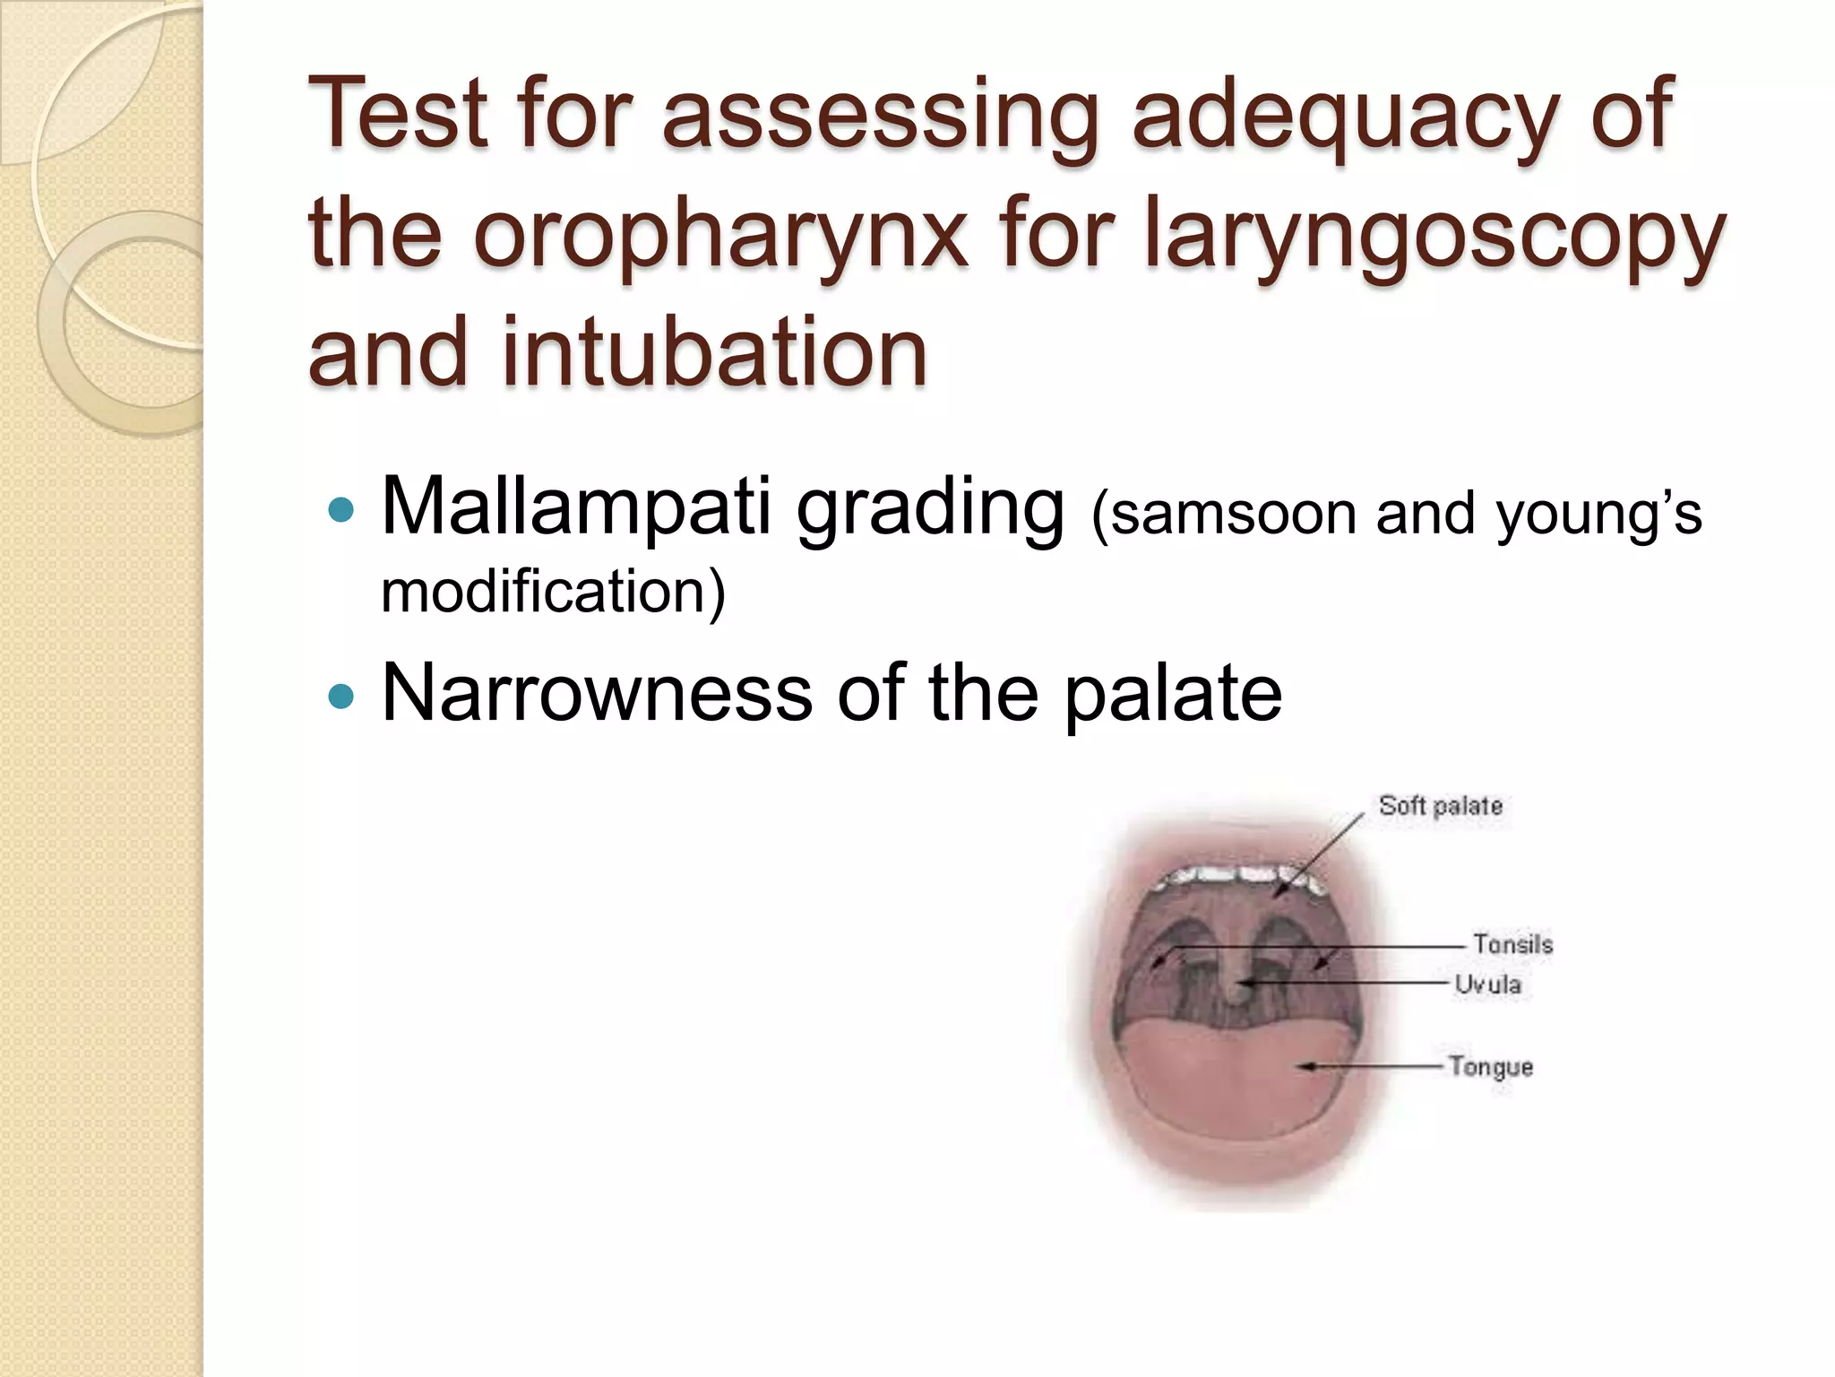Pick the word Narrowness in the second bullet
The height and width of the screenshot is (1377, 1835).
point(596,692)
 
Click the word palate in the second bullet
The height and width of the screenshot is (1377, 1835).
point(1173,694)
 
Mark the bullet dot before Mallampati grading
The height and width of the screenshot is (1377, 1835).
point(341,512)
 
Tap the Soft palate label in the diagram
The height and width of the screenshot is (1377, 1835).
point(1440,805)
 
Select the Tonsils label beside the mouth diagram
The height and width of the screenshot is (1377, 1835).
point(1512,944)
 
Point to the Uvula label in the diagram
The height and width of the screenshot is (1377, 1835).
point(1487,984)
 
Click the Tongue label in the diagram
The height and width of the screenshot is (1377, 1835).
point(1491,1067)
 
